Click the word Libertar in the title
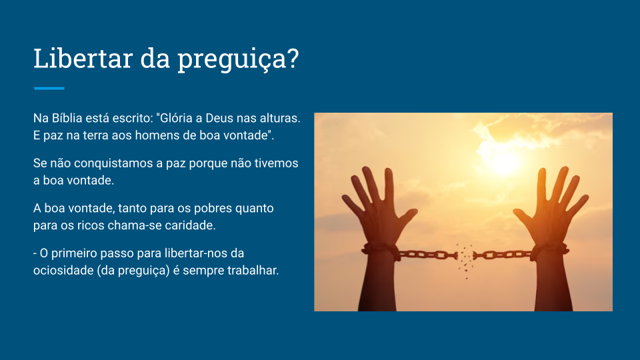pyautogui.click(x=83, y=58)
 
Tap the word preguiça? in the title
pyautogui.click(x=239, y=60)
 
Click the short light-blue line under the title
pyautogui.click(x=49, y=88)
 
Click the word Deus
pyautogui.click(x=219, y=118)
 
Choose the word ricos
pyautogui.click(x=91, y=225)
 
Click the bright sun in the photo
pyautogui.click(x=505, y=160)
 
